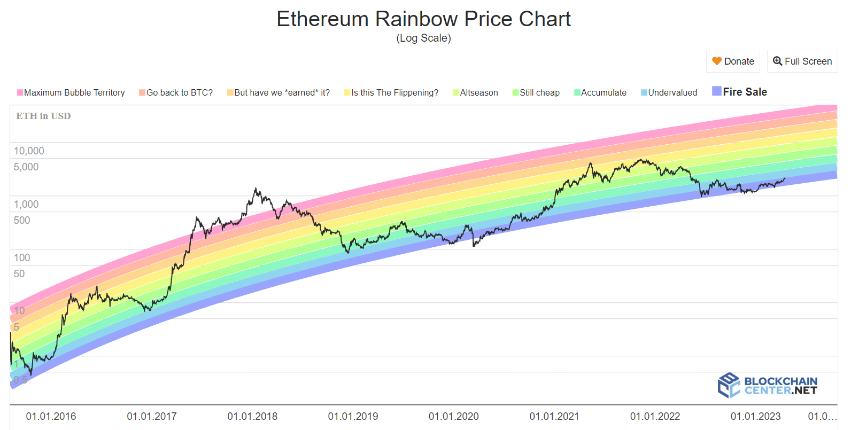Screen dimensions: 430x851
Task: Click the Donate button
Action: pos(733,61)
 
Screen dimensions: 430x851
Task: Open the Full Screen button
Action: pos(802,61)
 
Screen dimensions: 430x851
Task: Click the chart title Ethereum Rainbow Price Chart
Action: pos(423,19)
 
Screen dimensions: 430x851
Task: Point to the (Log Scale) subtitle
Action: pos(423,38)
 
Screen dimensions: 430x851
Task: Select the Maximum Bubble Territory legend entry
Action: pos(71,92)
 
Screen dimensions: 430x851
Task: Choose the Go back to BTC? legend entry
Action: pos(176,92)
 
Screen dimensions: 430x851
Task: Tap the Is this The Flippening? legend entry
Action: pos(391,92)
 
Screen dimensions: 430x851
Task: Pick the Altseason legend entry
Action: pos(475,92)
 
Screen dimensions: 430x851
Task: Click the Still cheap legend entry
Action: pos(536,92)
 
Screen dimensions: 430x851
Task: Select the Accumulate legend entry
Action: pos(600,92)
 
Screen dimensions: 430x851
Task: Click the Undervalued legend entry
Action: pos(669,92)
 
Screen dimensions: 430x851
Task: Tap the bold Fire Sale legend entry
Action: pos(740,92)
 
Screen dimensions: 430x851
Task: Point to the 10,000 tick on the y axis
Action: pos(29,151)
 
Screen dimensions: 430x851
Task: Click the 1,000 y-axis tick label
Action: pos(26,204)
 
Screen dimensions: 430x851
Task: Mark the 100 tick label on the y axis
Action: pos(22,257)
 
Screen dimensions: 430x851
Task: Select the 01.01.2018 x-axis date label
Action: pos(252,416)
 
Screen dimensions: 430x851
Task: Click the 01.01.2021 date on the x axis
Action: pos(554,416)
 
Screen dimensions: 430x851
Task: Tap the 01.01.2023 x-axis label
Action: pos(755,416)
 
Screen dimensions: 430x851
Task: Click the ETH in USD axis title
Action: pos(43,116)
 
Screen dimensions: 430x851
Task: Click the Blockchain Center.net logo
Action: pos(768,385)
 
